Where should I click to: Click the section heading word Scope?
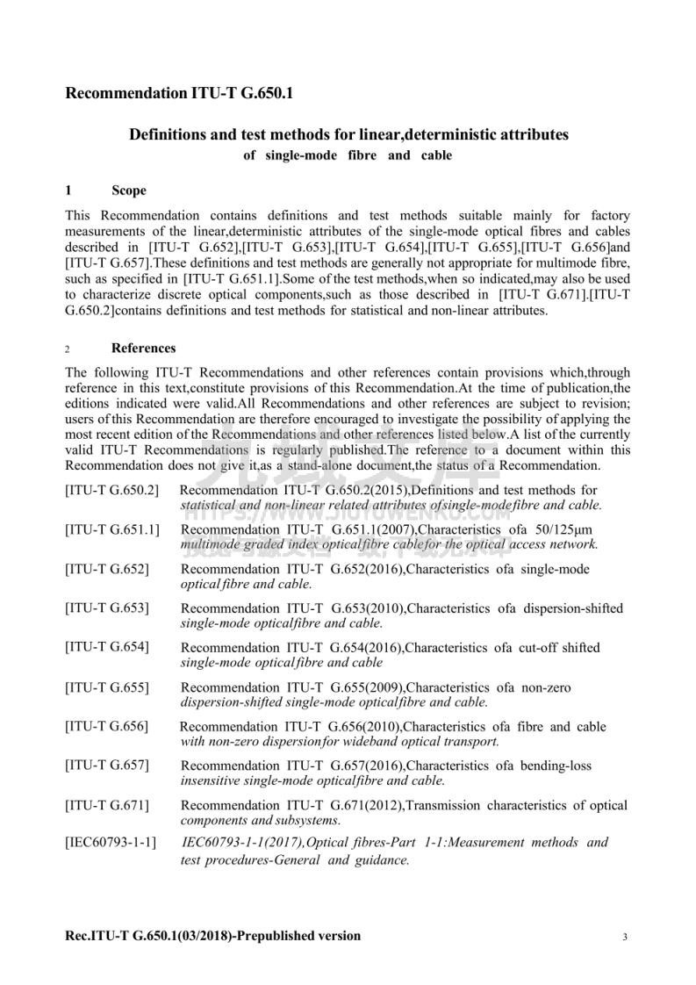(x=129, y=191)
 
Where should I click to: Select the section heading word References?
(x=144, y=349)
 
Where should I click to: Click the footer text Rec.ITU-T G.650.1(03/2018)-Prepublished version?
(x=213, y=936)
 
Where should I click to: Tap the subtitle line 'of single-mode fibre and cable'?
(x=348, y=155)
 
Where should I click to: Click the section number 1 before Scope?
(x=68, y=191)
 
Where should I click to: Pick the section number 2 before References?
(x=68, y=349)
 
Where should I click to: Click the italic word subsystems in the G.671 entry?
(x=308, y=821)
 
